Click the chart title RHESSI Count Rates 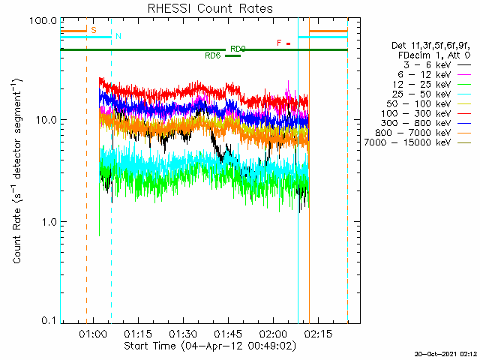(x=210, y=8)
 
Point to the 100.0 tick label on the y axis (x=43, y=22)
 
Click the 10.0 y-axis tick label (x=46, y=120)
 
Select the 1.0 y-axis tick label (x=49, y=222)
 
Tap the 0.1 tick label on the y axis (x=49, y=320)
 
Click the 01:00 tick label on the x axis (x=93, y=333)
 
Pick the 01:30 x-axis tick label (x=183, y=333)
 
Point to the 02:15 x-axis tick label (x=318, y=333)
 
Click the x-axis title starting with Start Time (x=210, y=346)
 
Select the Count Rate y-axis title (x=17, y=171)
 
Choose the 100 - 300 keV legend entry (x=425, y=114)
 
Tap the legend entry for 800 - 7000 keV (x=423, y=133)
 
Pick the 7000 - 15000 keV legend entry (x=417, y=142)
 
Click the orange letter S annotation (x=94, y=30)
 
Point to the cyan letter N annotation (x=118, y=36)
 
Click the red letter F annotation (x=279, y=43)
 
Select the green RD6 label (x=213, y=55)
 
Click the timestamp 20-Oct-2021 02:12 (x=446, y=354)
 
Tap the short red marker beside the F (x=288, y=43)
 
